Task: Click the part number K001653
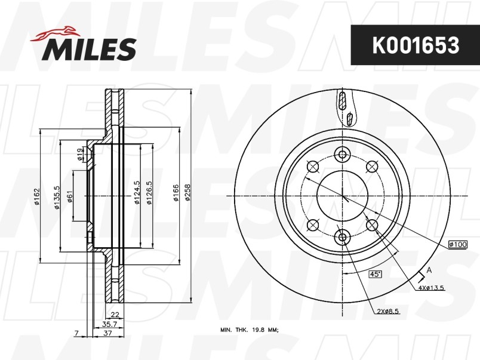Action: [x=416, y=45]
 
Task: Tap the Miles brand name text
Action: [x=89, y=49]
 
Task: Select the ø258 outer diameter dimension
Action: [x=187, y=193]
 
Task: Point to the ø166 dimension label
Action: [x=176, y=193]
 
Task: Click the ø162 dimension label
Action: [x=37, y=196]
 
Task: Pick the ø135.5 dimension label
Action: [x=57, y=198]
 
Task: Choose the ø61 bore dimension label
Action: [x=69, y=196]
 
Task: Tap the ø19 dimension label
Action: [x=79, y=154]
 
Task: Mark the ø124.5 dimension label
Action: [x=137, y=193]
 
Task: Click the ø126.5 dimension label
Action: [x=149, y=193]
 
